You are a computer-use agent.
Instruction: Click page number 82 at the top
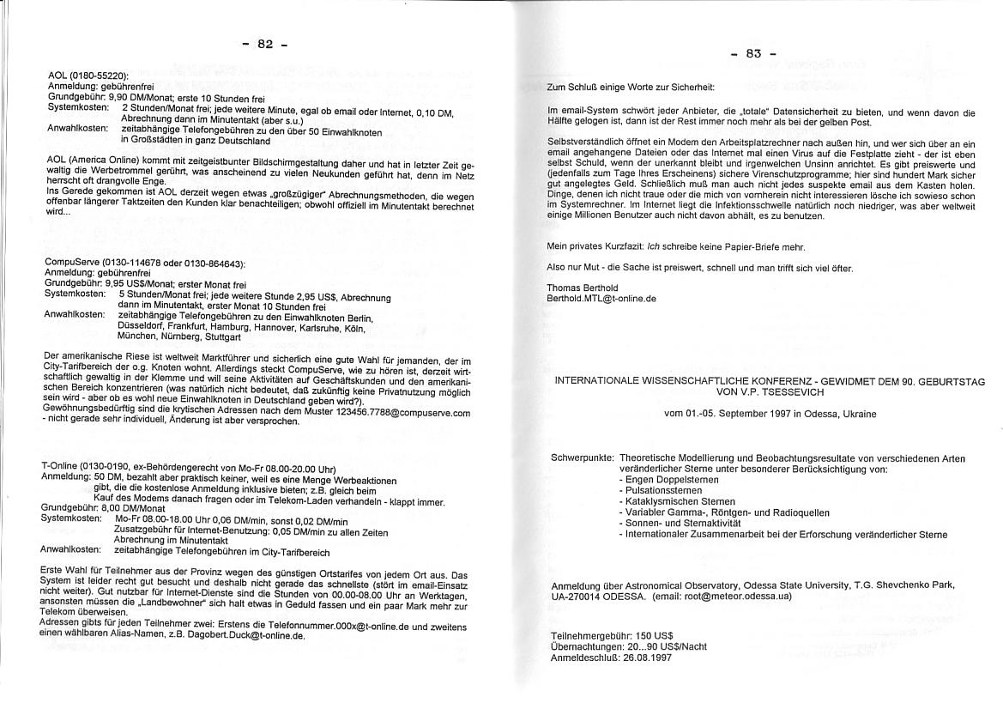point(265,45)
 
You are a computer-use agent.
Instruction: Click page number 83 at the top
point(753,53)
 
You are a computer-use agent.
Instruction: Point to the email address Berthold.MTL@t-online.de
point(601,299)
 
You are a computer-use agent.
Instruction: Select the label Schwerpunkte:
point(582,458)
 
